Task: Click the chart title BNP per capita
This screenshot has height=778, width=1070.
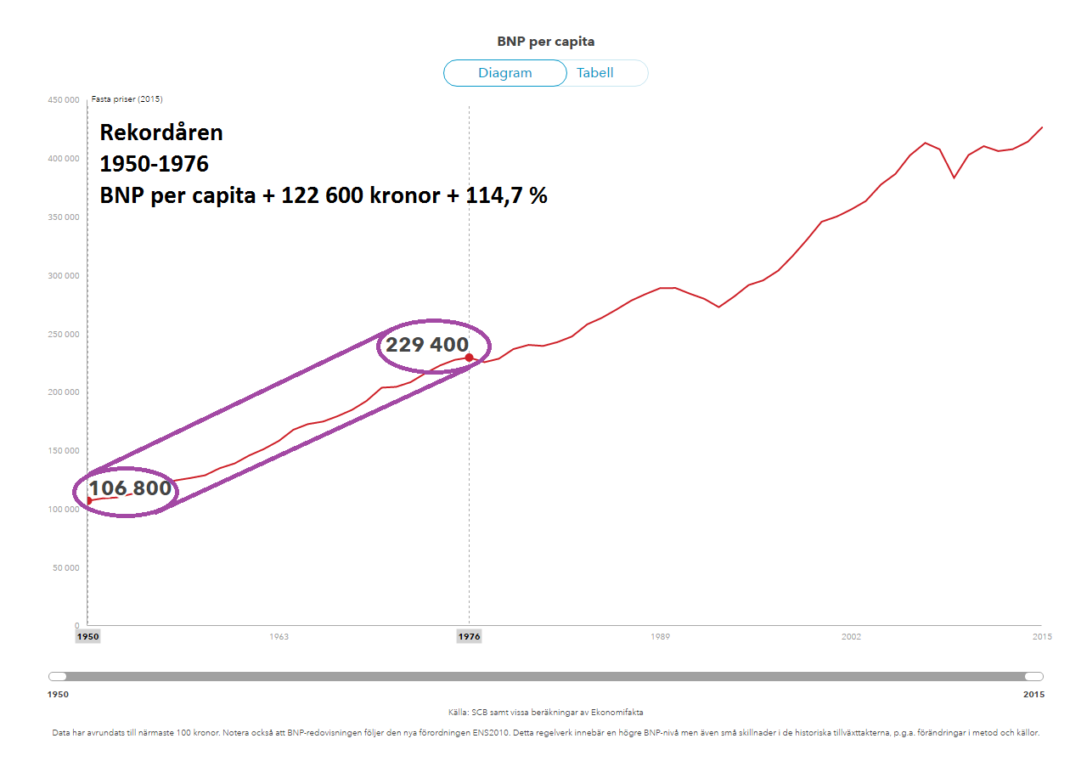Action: point(545,41)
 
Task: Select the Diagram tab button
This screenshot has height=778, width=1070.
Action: point(504,73)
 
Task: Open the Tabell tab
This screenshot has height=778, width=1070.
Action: point(595,73)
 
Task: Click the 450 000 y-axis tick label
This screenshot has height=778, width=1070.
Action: point(64,100)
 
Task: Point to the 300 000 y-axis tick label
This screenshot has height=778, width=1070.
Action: point(64,276)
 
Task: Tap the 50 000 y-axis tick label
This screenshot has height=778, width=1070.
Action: point(66,568)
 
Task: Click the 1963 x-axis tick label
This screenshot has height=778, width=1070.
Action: point(279,636)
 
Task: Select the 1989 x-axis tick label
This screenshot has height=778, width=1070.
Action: point(661,636)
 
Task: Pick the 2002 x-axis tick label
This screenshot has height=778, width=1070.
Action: point(851,636)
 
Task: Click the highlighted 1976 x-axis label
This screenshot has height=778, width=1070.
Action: point(470,636)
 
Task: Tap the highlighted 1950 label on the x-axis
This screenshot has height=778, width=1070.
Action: point(87,636)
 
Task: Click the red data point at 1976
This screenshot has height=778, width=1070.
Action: point(470,358)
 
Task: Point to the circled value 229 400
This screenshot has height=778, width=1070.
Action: point(427,345)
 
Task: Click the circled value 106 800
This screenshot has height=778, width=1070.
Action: point(130,489)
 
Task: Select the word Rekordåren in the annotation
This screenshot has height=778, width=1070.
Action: point(161,132)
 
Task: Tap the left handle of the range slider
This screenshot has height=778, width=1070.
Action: point(58,676)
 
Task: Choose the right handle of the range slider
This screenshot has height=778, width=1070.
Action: point(1033,676)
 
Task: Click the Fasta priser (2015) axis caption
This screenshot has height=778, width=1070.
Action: point(127,99)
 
